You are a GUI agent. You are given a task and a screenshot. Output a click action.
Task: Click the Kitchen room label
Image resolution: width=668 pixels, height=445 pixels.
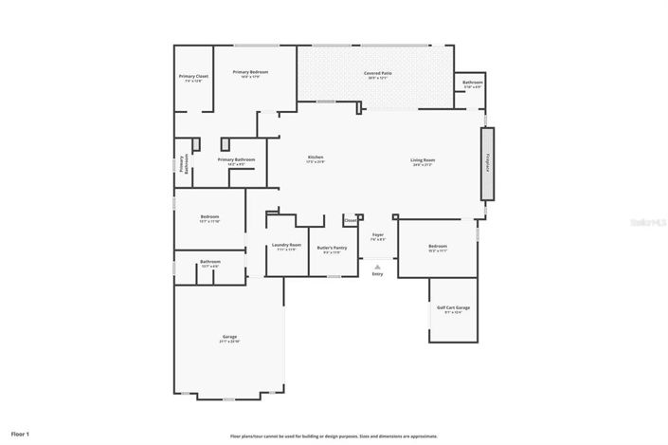316,158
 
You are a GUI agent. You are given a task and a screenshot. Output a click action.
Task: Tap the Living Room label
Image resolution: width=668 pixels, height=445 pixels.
423,159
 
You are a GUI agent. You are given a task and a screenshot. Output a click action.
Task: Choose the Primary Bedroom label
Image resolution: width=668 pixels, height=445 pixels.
251,73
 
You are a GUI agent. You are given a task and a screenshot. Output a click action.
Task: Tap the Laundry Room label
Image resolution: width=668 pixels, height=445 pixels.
285,247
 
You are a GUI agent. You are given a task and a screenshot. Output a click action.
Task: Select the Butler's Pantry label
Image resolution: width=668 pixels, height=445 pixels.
334,247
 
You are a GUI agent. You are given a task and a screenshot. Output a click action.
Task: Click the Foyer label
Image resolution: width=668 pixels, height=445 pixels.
377,234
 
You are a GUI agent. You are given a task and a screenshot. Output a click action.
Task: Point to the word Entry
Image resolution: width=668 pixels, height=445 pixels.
377,274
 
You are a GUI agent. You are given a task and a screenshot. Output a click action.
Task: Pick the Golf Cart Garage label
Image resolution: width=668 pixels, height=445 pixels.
453,308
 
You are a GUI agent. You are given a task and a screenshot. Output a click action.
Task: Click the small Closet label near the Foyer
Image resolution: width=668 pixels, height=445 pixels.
350,220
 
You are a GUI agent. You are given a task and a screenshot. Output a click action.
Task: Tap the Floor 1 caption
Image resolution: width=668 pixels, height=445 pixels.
21,434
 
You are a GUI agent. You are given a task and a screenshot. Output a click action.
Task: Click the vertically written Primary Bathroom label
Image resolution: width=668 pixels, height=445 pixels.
184,163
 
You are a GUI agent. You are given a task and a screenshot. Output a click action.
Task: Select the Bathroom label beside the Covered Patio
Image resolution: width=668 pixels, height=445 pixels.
473,83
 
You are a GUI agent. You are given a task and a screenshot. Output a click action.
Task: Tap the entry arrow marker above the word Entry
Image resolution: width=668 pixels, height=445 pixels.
377,266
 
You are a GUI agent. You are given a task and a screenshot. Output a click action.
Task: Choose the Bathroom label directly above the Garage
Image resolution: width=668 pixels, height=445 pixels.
209,262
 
